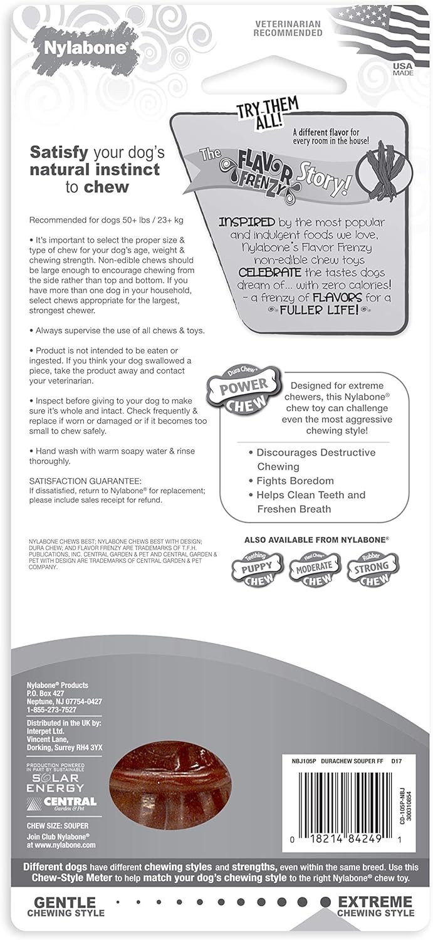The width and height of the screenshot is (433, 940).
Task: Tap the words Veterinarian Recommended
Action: coord(288,28)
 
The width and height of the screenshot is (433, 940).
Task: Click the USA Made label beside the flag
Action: coord(402,69)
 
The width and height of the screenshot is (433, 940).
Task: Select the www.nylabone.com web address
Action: coord(60,845)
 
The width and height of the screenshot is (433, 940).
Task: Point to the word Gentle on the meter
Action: coord(65,902)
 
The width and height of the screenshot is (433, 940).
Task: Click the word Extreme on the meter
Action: coord(375,902)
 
